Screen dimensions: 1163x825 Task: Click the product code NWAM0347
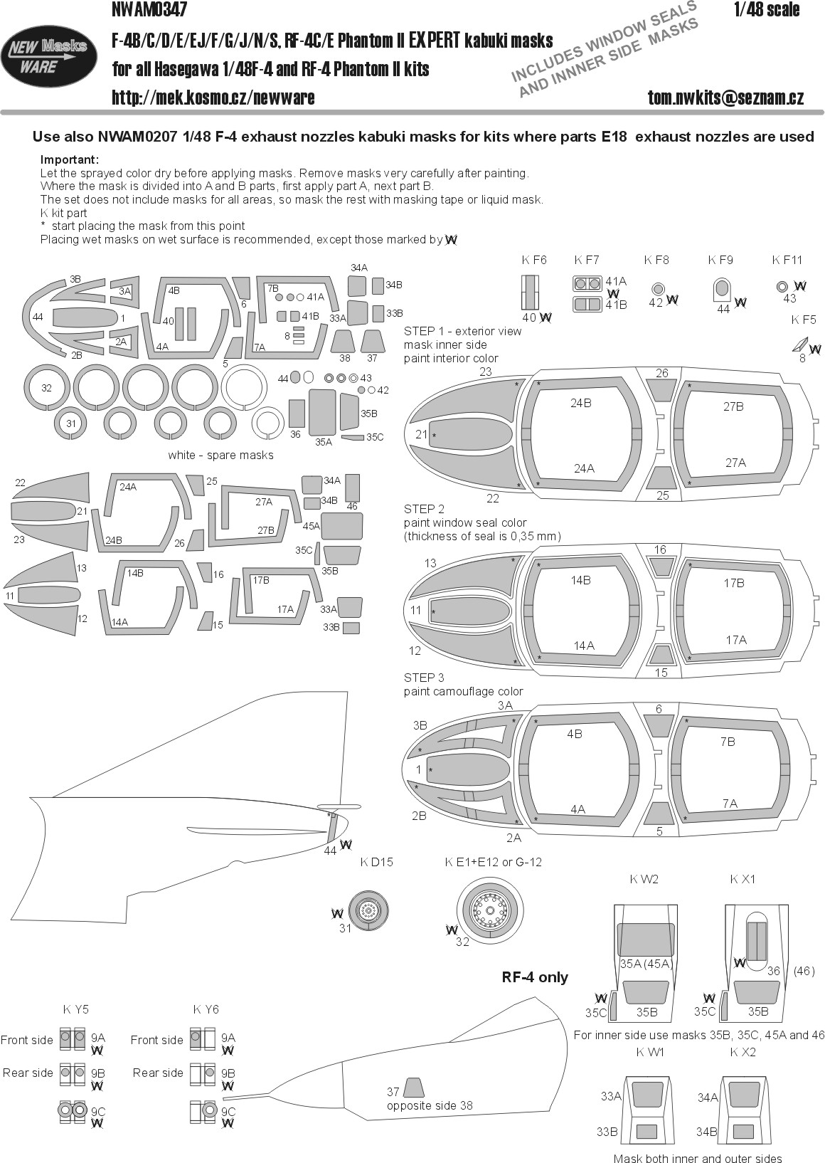149,10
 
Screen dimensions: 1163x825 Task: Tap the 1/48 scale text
767,10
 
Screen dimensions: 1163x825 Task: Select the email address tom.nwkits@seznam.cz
725,98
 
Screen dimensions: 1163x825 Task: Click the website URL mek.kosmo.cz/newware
213,98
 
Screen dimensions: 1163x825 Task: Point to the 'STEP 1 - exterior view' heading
462,331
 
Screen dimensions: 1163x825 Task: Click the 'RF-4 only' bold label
535,977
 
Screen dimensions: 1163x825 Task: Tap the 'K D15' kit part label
376,862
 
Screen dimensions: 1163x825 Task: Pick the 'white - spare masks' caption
220,455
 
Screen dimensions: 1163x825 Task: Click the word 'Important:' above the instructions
70,159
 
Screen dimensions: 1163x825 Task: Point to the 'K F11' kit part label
787,261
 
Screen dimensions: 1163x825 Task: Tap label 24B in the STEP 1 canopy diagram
580,403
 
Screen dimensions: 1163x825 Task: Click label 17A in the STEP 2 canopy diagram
736,640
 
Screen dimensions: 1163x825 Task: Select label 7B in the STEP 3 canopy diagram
727,742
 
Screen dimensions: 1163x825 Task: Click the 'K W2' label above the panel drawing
644,879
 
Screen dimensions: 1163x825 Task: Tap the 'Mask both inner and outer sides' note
697,1159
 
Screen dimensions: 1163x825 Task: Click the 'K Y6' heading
206,1009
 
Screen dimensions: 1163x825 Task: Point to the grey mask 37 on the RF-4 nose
413,1088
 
